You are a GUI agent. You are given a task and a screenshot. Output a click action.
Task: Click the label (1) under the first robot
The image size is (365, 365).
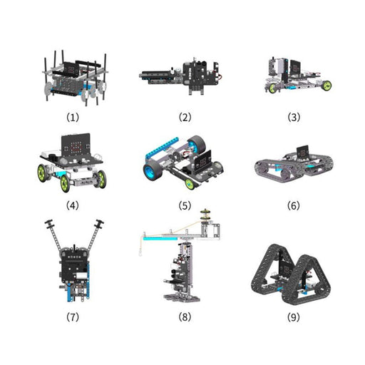point(73,115)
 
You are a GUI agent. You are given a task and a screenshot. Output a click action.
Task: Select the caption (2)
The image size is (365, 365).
point(182,115)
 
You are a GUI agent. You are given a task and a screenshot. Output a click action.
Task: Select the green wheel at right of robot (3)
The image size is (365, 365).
point(326,86)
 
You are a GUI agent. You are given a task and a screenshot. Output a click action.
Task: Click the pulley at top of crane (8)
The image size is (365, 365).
point(206,215)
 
